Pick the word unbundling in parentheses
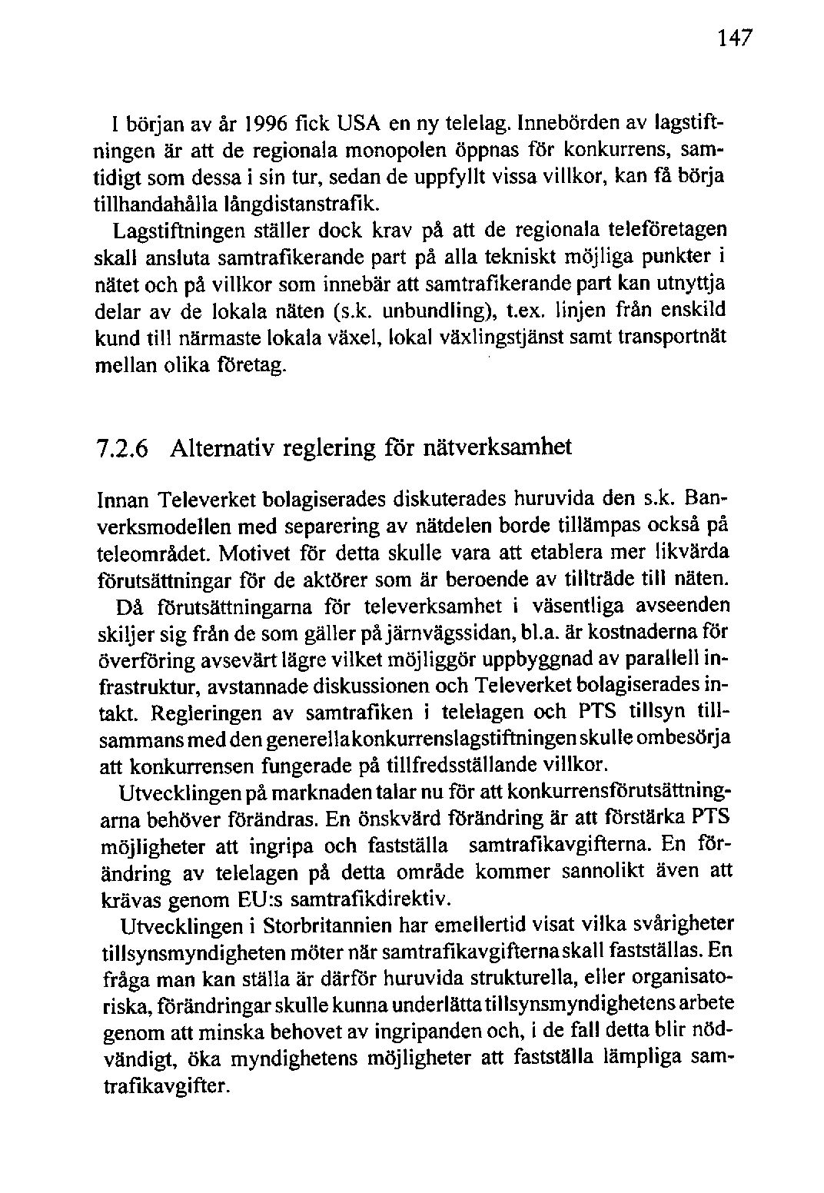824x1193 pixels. point(434,311)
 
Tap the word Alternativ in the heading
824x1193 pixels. point(223,447)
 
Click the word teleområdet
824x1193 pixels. point(158,553)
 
